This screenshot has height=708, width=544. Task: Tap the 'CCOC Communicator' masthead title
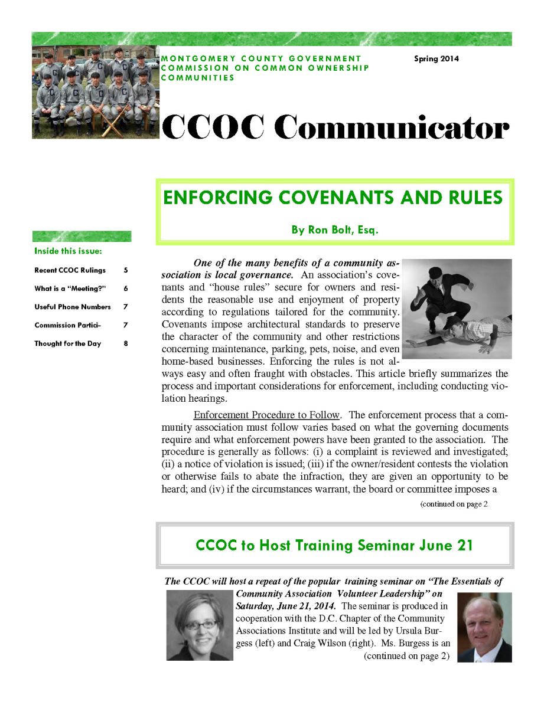coord(335,126)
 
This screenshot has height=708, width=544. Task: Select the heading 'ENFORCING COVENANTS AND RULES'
coord(333,198)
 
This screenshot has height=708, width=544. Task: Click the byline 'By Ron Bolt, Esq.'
coord(334,230)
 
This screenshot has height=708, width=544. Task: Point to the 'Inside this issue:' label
coord(68,251)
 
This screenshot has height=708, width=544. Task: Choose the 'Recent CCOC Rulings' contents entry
coord(70,270)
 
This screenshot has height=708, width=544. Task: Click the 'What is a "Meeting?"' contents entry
coord(70,289)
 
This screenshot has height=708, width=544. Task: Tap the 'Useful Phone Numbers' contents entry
coord(72,307)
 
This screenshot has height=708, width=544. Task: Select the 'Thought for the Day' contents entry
coord(67,343)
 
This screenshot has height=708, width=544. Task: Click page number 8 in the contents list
coord(126,343)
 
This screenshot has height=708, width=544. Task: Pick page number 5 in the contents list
coord(126,270)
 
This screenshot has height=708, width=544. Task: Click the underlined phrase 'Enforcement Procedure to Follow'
coord(266,415)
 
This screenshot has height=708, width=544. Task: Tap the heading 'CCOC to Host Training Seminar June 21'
coord(334,545)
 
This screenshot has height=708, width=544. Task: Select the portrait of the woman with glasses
coord(200,625)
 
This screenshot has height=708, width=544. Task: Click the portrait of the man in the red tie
coord(484,628)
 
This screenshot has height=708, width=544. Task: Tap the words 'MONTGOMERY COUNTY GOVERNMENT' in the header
coord(260,58)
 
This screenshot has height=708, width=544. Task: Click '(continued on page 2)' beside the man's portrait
coord(406,655)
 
